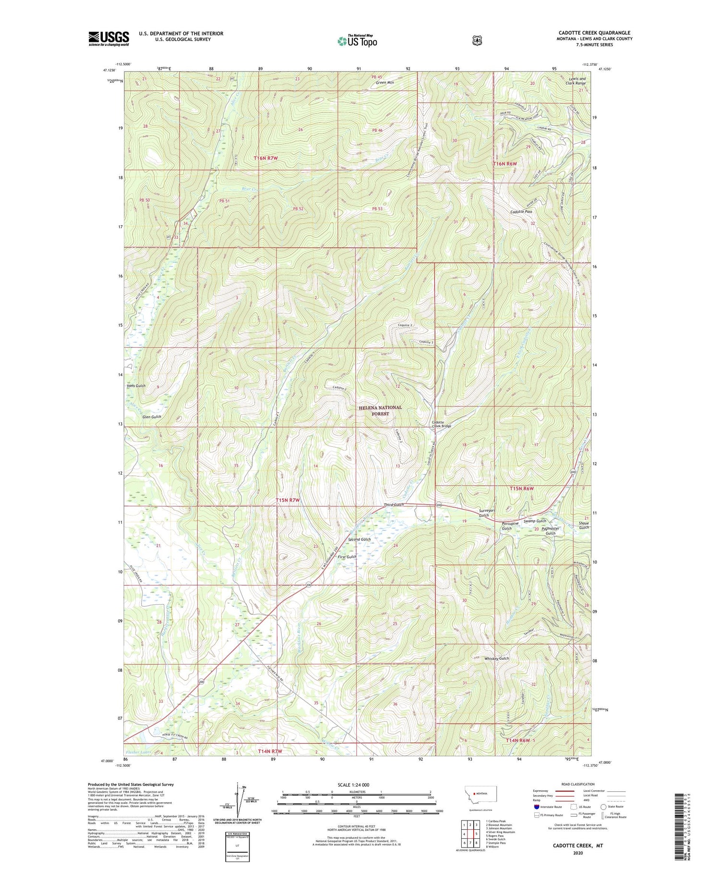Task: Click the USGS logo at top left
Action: click(108, 38)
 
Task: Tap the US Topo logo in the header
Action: click(357, 41)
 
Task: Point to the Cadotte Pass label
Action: click(521, 211)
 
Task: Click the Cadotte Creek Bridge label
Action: click(440, 423)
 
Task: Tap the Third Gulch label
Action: click(394, 505)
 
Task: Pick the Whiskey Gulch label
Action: click(496, 658)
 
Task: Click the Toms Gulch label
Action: click(136, 386)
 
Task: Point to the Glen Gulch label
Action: click(152, 417)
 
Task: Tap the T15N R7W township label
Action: click(288, 500)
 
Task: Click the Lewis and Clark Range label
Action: click(577, 81)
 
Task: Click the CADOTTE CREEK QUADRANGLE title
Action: click(595, 33)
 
